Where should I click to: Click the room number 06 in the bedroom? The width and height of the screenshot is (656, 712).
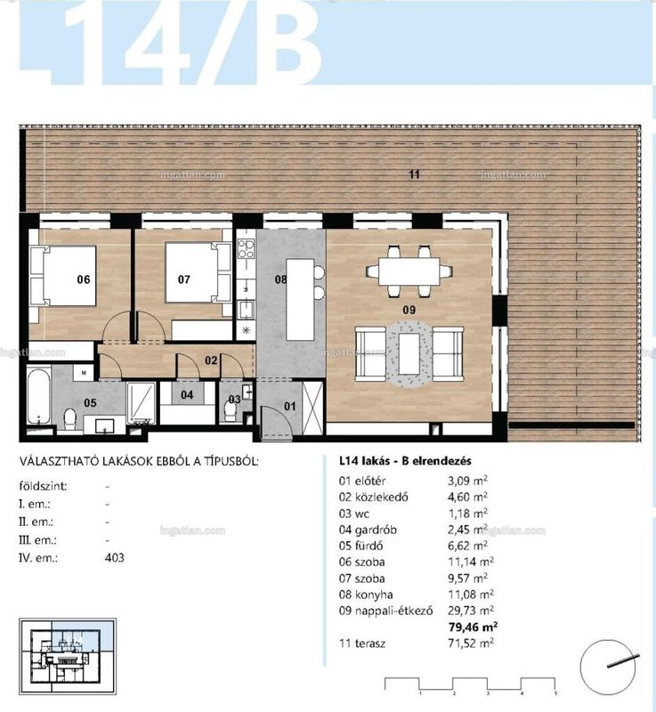[x=84, y=279]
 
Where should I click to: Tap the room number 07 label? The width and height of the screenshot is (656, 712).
[x=184, y=279]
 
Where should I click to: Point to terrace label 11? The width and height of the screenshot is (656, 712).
[x=414, y=174]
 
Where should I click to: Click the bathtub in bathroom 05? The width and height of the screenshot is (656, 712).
[x=38, y=396]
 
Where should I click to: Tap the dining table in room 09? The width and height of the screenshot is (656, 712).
[x=409, y=271]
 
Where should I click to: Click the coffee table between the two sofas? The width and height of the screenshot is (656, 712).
[x=409, y=353]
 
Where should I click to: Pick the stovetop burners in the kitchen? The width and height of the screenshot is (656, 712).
[x=246, y=249]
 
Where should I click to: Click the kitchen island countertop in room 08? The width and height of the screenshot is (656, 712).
[x=300, y=299]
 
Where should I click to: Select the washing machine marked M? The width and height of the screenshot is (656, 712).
[x=84, y=373]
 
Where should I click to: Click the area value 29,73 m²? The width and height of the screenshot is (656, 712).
[x=471, y=611]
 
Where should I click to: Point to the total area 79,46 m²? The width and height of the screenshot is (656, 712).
[x=473, y=627]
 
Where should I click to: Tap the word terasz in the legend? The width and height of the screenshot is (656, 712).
[x=370, y=643]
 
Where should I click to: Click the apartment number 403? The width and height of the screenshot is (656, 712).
[x=115, y=558]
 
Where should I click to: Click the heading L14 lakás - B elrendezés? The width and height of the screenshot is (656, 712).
[x=406, y=461]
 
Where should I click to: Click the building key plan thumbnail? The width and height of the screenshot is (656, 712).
[x=67, y=656]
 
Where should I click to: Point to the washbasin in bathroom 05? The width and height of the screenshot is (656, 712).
[x=105, y=426]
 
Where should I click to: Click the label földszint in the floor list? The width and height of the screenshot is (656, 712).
[x=43, y=486]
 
